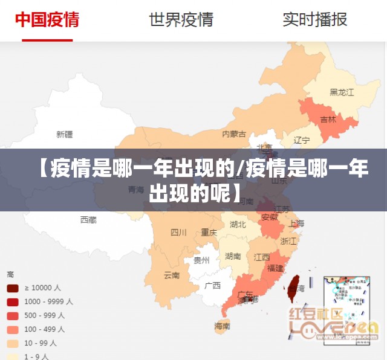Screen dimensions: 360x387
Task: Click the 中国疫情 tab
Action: (x=47, y=19)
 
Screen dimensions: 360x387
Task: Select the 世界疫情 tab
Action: (x=181, y=19)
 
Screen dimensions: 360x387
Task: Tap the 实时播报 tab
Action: (x=314, y=19)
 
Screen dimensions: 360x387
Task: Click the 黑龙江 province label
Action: (x=341, y=92)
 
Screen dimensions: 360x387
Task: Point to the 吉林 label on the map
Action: (x=328, y=120)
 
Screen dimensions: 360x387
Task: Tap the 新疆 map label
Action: (x=64, y=134)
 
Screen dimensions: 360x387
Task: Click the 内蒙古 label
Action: (x=234, y=133)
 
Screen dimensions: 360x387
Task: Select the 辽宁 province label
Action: (x=301, y=140)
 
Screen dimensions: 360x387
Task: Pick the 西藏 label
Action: (x=88, y=220)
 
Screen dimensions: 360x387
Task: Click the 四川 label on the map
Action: (x=178, y=232)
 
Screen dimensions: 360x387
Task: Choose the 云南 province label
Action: (x=172, y=275)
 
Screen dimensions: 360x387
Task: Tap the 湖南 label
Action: (x=233, y=256)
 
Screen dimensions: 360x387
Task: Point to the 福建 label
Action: (x=275, y=268)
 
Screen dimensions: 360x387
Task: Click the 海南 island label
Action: (x=222, y=326)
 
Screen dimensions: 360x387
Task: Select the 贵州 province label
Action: (x=201, y=260)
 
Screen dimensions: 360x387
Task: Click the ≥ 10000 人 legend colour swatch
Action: (x=12, y=288)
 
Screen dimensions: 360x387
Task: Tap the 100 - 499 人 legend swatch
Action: (x=12, y=329)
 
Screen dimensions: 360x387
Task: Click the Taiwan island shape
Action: (x=294, y=284)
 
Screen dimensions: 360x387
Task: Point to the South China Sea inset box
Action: (x=347, y=309)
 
